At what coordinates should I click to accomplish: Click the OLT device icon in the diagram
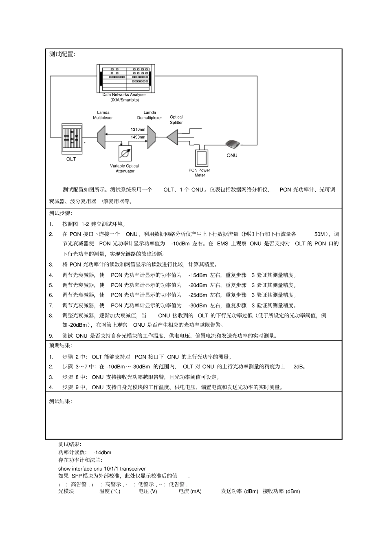(x=71, y=139)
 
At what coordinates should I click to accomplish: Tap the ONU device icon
(x=233, y=143)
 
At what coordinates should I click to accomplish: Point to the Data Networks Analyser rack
(x=126, y=78)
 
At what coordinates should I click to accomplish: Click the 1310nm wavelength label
(x=138, y=130)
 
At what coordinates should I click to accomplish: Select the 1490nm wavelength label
(x=138, y=137)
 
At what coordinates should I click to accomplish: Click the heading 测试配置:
(x=62, y=54)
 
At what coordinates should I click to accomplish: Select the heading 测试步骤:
(x=60, y=213)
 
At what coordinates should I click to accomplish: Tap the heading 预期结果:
(x=60, y=346)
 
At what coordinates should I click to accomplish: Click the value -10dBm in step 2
(x=180, y=244)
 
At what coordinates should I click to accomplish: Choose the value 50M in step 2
(x=320, y=234)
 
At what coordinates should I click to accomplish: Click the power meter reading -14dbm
(x=102, y=452)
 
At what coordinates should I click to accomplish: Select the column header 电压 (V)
(x=147, y=491)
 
